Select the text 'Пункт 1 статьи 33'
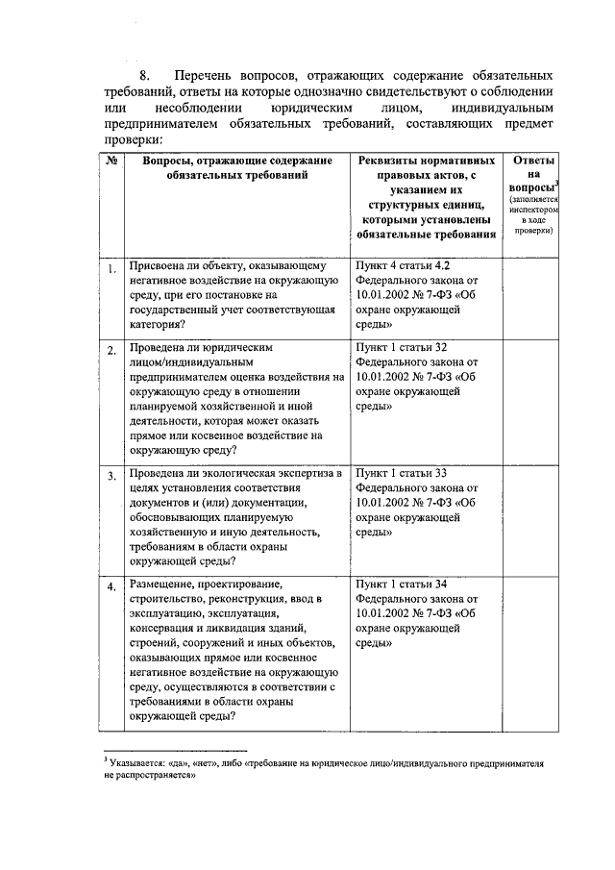401,473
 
